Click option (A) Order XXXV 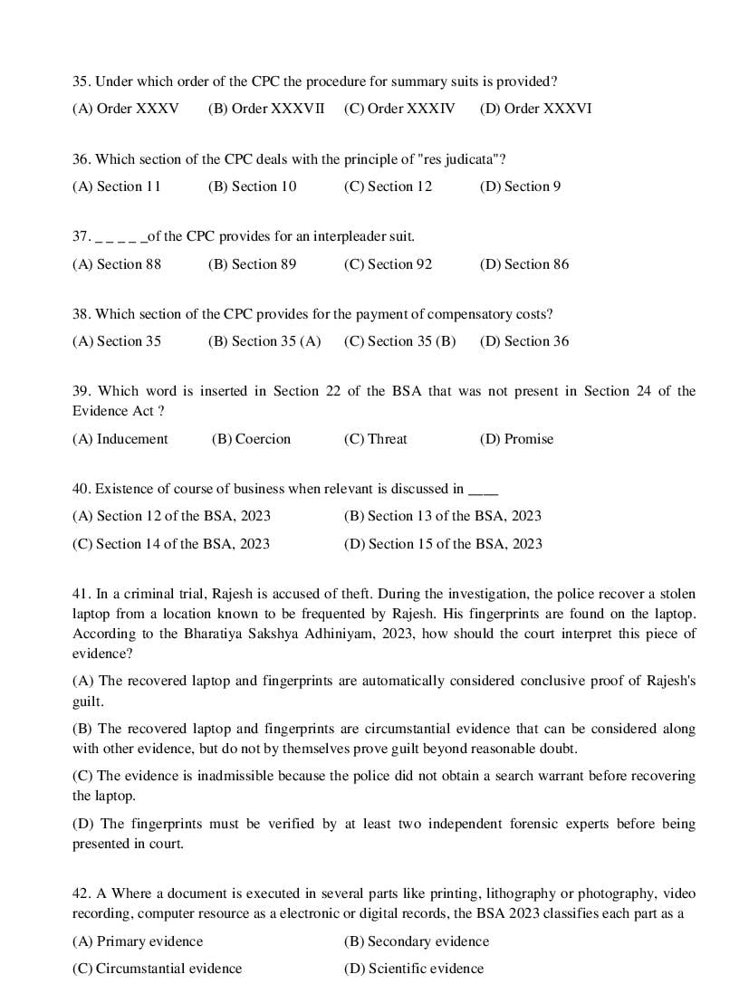125,109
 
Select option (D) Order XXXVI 535,109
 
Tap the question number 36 81,159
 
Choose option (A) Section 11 116,186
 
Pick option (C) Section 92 388,264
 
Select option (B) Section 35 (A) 264,341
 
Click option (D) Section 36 524,341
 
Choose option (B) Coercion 251,439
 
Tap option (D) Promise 516,439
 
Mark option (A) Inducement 120,439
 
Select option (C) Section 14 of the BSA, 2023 170,544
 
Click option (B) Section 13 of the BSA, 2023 442,516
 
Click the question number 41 81,595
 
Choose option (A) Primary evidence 138,941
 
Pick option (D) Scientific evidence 413,969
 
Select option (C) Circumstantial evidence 157,969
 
